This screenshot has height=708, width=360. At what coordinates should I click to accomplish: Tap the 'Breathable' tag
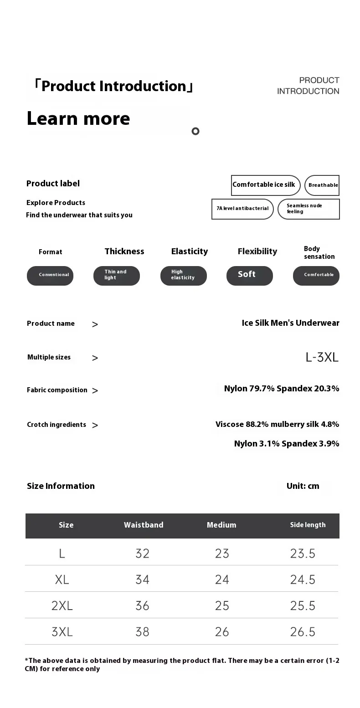[322, 185]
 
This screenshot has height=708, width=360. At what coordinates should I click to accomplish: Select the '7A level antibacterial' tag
[242, 209]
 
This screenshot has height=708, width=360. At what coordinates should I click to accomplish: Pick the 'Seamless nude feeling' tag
[309, 209]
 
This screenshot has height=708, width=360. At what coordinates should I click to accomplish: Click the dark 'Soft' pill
[249, 275]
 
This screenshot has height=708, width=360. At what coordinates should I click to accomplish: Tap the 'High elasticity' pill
[183, 275]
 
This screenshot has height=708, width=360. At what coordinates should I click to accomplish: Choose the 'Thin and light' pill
[116, 275]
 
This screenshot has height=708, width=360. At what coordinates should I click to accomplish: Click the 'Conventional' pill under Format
[50, 275]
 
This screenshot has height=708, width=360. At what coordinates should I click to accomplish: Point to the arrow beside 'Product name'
[95, 324]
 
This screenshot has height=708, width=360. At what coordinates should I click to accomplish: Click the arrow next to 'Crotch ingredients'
[95, 426]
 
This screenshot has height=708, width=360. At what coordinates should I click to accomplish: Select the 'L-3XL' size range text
[322, 357]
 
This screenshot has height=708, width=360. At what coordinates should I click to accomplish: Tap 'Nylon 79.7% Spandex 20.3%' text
[282, 389]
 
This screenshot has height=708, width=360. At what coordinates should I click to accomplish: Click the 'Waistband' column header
[144, 525]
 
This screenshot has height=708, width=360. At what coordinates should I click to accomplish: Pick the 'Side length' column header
[308, 525]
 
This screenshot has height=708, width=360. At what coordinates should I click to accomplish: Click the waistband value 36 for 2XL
[142, 605]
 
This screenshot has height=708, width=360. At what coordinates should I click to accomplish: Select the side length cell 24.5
[303, 580]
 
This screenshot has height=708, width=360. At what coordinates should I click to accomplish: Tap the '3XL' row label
[62, 632]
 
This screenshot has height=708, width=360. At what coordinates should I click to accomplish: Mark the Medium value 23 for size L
[222, 554]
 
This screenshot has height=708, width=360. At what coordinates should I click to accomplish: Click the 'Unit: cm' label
[303, 486]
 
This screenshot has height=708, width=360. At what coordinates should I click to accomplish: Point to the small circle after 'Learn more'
[195, 131]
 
